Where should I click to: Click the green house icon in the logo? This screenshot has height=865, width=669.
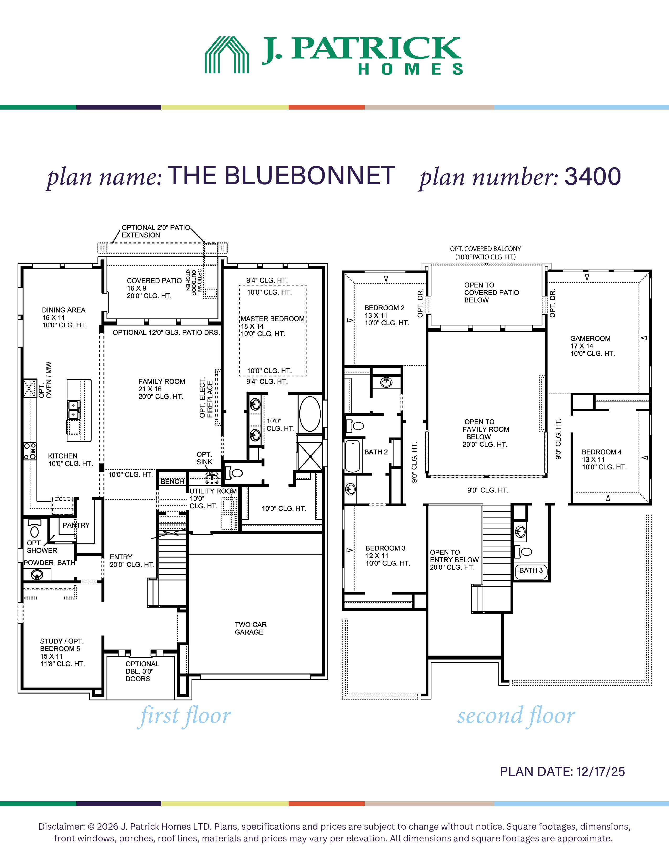227,55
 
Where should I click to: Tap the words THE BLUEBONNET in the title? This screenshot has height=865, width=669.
282,176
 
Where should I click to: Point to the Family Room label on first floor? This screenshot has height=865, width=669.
162,389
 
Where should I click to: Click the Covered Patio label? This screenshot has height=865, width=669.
154,288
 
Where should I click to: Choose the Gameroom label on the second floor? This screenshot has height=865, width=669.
592,346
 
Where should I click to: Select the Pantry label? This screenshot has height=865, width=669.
76,525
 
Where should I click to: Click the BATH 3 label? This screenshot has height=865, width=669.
531,570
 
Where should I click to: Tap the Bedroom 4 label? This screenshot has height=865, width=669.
604,459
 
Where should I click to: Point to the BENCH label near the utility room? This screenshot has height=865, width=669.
172,482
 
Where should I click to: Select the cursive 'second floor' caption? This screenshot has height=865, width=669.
516,716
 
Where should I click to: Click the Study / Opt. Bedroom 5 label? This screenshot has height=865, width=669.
62,652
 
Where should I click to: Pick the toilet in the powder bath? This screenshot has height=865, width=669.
34,528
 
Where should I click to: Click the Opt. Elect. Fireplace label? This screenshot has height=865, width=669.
206,398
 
